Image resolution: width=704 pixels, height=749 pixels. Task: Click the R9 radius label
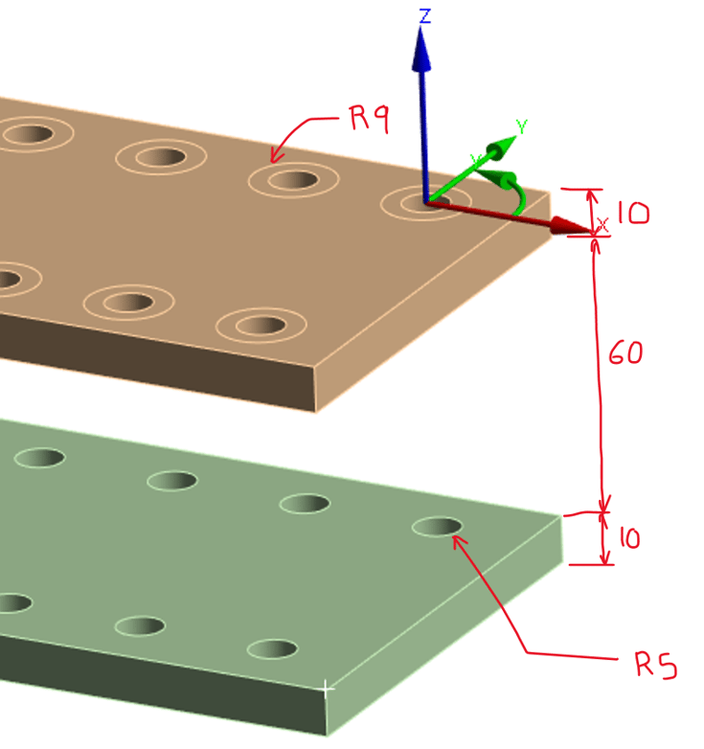tap(368, 120)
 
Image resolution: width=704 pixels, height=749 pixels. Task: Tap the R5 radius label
tap(655, 665)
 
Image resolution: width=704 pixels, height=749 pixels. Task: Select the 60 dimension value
tap(625, 352)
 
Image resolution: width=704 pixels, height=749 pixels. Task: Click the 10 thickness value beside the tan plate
tap(631, 212)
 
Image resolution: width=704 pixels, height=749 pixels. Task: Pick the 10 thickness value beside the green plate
tap(627, 539)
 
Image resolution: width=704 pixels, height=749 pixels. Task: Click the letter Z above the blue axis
tap(423, 14)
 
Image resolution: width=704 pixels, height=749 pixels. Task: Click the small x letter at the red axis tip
tap(602, 224)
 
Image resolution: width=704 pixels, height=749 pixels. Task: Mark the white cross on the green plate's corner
tap(327, 687)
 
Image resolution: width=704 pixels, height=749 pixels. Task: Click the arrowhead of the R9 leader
tap(275, 157)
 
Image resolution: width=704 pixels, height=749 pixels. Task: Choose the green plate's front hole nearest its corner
tap(272, 648)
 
